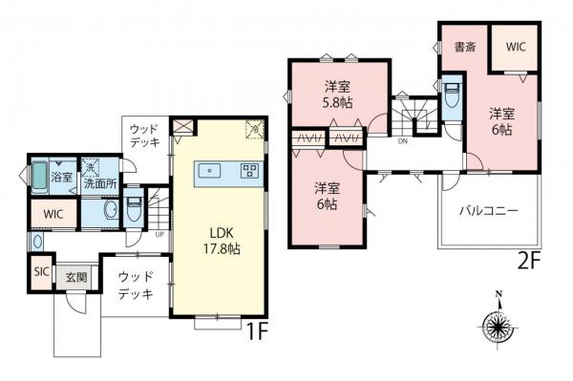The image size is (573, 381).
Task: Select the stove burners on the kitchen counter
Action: (249, 172)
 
